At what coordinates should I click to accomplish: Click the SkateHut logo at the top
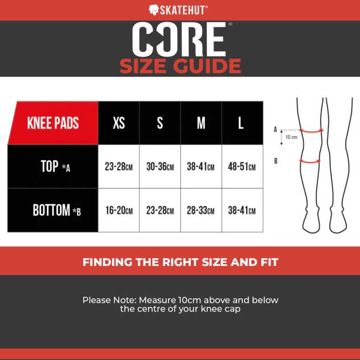(178, 10)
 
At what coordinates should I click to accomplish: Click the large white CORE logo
(179, 39)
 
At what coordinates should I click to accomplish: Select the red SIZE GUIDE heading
(180, 66)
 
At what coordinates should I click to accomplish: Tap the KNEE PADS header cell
(53, 123)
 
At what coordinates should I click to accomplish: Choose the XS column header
(119, 123)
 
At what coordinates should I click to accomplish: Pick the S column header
(160, 123)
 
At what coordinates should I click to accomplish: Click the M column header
(201, 123)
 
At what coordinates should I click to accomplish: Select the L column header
(242, 123)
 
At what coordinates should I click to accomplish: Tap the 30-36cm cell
(160, 167)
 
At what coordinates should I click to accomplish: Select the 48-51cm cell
(242, 167)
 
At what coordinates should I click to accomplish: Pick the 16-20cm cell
(119, 210)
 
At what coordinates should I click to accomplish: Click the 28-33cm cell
(201, 210)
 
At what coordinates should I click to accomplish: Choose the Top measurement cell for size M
(201, 167)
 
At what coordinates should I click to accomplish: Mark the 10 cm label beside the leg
(291, 137)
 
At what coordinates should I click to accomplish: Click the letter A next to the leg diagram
(275, 130)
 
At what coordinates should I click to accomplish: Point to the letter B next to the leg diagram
(276, 161)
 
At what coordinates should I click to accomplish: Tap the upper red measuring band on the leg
(311, 131)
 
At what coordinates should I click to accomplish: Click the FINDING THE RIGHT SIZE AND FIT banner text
(181, 262)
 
